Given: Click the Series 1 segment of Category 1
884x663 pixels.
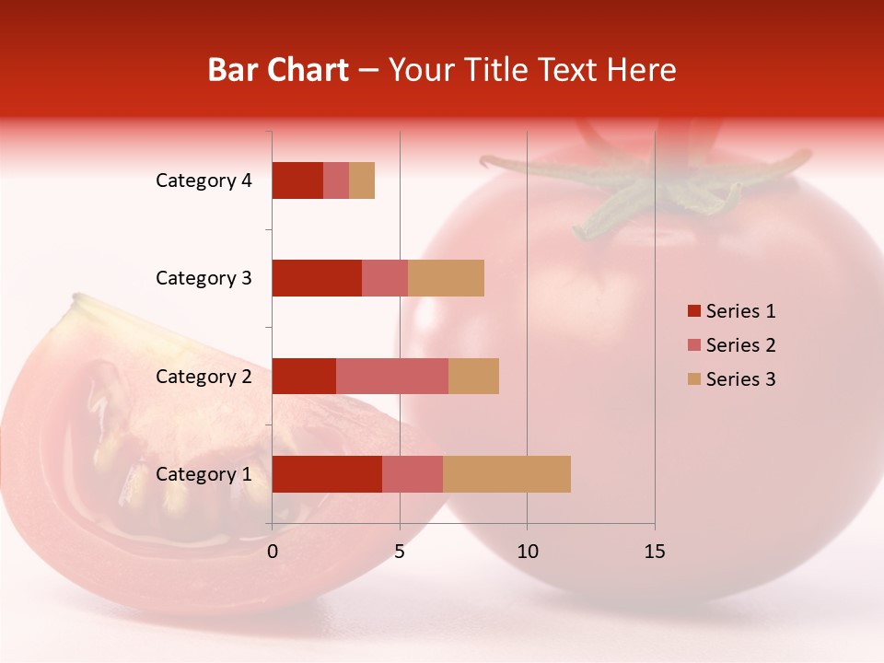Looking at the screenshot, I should (x=327, y=474).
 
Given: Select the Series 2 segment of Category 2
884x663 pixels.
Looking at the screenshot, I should (x=392, y=376).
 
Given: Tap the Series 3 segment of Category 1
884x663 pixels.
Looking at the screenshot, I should (x=506, y=474).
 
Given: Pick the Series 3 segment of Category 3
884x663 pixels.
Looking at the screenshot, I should (x=446, y=278).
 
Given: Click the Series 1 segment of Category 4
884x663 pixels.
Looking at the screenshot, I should (x=297, y=180).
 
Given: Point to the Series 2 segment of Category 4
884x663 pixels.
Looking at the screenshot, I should (x=336, y=180).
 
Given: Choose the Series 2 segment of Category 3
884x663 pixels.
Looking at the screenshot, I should (x=385, y=278).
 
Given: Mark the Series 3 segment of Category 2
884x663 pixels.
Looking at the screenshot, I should (x=473, y=376).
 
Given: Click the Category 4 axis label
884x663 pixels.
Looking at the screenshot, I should (x=204, y=180).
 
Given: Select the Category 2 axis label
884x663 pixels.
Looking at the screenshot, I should (x=204, y=376).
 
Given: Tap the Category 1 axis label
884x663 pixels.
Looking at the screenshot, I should (x=204, y=474).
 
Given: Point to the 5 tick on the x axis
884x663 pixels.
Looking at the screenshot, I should (x=400, y=552).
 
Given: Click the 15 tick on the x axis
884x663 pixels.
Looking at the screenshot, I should (x=655, y=552).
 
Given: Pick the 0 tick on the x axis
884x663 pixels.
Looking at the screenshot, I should (x=273, y=552).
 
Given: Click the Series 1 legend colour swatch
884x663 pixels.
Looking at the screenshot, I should (x=693, y=311).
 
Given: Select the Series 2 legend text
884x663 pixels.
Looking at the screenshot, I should (x=740, y=345).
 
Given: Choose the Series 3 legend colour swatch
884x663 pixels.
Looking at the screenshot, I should (x=693, y=379).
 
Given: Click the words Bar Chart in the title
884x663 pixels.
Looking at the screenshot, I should (x=278, y=70).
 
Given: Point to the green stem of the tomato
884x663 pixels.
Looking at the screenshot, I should (x=635, y=189).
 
